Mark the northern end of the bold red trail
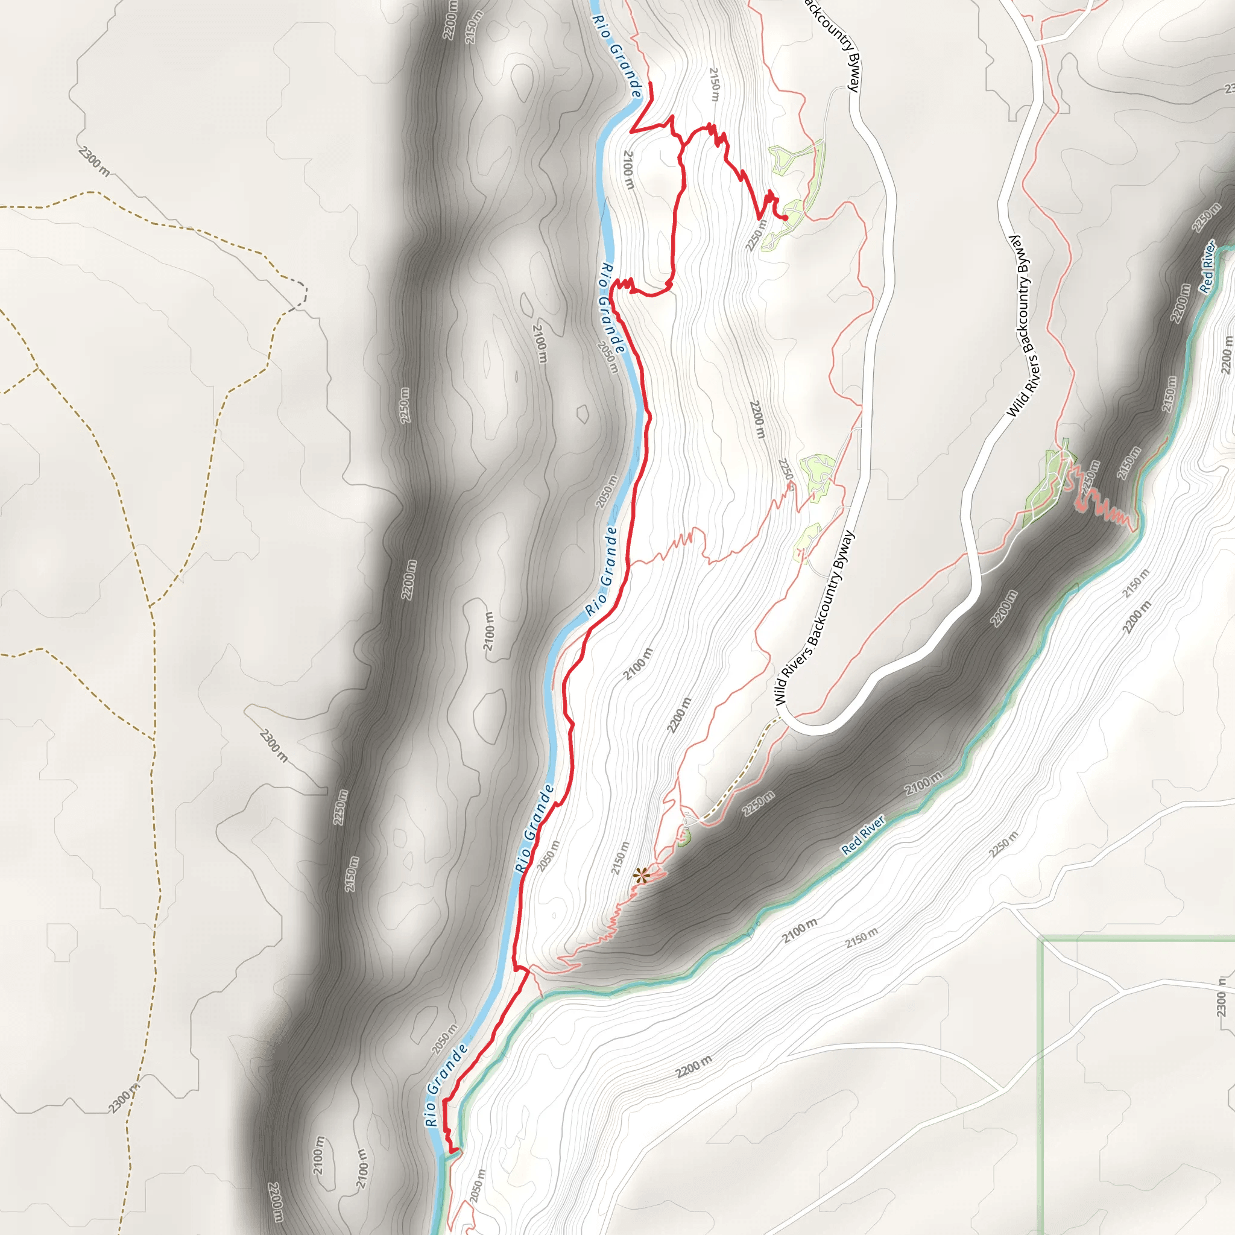tap(650, 84)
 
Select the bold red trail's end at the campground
tap(786, 219)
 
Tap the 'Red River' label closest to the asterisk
tap(863, 835)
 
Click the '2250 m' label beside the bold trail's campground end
tap(755, 235)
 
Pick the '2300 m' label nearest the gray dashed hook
tap(94, 161)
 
